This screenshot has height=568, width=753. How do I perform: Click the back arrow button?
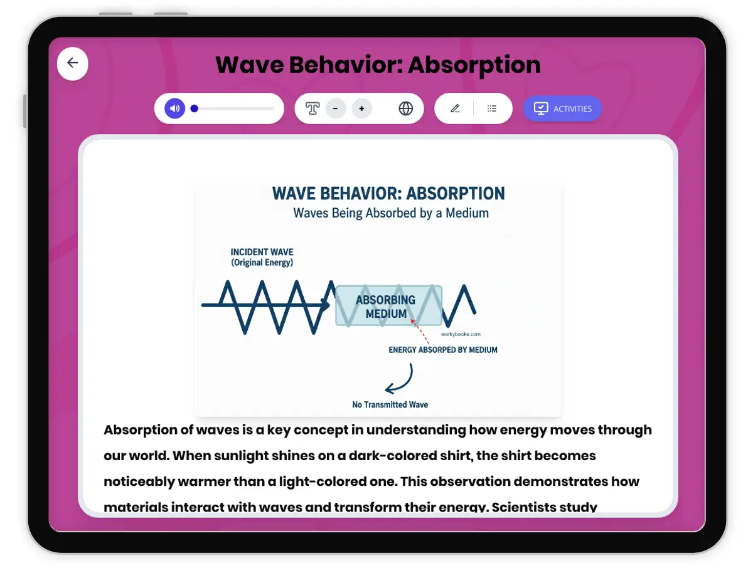pos(73,63)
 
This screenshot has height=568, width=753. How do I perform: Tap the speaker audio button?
pos(174,108)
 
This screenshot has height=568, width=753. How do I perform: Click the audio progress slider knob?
pos(195,108)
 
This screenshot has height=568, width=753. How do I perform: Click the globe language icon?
pos(406,108)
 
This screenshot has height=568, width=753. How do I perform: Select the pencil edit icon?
pos(455,108)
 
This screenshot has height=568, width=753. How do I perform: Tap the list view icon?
pos(492,108)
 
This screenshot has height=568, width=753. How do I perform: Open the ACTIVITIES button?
pos(562,108)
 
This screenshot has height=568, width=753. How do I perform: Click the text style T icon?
pos(312,108)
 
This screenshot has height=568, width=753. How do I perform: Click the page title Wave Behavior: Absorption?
pos(378,65)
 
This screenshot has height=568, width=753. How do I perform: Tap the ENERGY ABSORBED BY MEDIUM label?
pos(442,350)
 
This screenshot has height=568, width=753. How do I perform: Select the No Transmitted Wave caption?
pos(390,405)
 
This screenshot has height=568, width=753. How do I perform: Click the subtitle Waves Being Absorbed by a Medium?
pos(390,213)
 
